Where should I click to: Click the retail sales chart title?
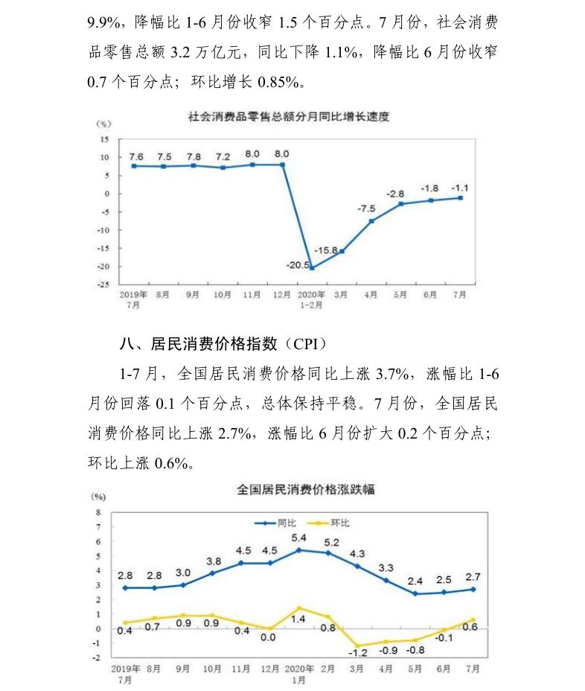coord(289,117)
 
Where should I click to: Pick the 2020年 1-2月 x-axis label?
coord(310,299)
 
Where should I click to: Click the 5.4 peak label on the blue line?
coord(298,538)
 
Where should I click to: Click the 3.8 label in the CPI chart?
coord(213,561)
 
